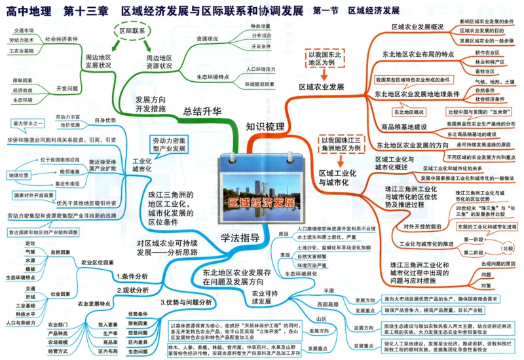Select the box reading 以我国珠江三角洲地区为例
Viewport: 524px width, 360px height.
coord(341,145)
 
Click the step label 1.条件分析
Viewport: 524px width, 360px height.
coord(132,276)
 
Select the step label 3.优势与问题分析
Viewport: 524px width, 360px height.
coord(186,302)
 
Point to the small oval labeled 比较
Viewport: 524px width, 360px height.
coord(508,249)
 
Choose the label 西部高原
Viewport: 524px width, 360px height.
coord(329,305)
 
